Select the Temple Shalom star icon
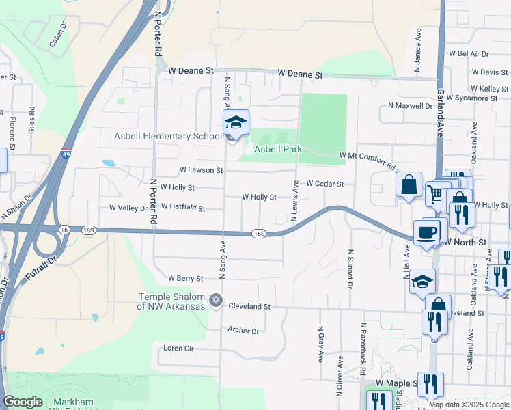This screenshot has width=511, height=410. (x=216, y=301)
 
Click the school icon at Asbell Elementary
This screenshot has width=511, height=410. (x=236, y=122)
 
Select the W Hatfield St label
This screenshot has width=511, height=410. (x=182, y=206)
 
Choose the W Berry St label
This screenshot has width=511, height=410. (x=186, y=278)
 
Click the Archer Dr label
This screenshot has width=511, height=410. (x=243, y=331)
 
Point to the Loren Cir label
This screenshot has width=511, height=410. (x=180, y=348)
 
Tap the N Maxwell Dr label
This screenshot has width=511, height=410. (x=410, y=106)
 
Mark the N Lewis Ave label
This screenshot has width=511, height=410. (x=296, y=200)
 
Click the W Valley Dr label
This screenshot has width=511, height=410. (x=128, y=208)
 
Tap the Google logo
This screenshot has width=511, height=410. (x=23, y=402)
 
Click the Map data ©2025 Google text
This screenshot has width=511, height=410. (x=469, y=405)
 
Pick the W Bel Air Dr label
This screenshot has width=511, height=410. (x=469, y=53)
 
